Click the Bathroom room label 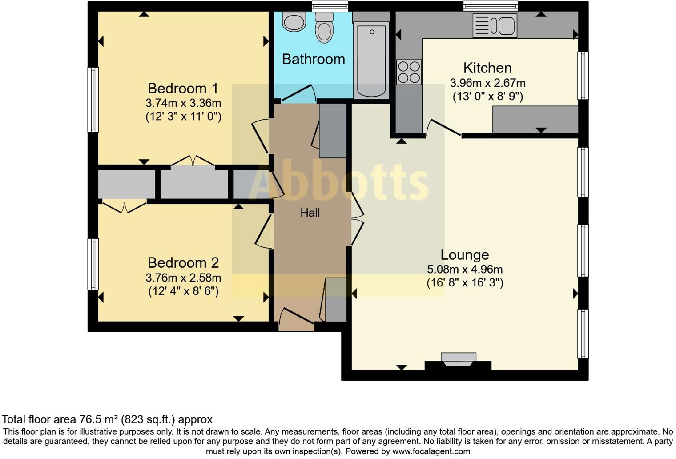(313, 59)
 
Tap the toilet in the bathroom (324, 28)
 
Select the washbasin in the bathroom (294, 22)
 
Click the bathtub (371, 60)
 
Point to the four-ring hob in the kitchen (409, 72)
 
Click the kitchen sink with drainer (495, 25)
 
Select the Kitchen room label (487, 68)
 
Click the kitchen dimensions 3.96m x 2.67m (487, 83)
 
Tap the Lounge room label (465, 255)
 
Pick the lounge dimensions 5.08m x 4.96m (465, 269)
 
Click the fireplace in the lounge (459, 359)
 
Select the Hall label (310, 213)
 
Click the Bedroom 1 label (183, 88)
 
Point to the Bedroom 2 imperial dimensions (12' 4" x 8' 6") (183, 291)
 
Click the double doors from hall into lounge (357, 218)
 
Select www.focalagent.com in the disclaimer (431, 451)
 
